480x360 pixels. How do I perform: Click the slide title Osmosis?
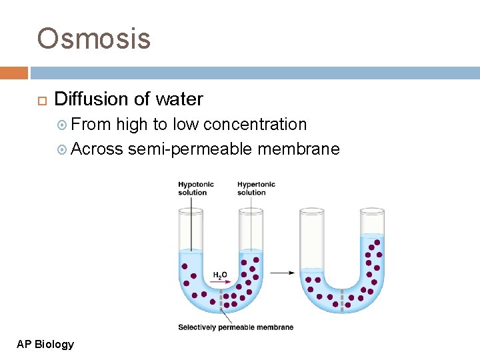[94, 39]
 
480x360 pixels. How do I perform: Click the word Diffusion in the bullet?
[91, 99]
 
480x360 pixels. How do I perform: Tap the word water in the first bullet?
[179, 99]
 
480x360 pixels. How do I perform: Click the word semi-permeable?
[190, 148]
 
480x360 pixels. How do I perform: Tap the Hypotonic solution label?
[192, 189]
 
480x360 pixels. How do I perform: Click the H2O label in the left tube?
[220, 275]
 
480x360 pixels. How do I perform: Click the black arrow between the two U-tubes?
[283, 273]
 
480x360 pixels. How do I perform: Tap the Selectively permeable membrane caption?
[235, 327]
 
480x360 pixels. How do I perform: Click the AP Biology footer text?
[45, 344]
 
